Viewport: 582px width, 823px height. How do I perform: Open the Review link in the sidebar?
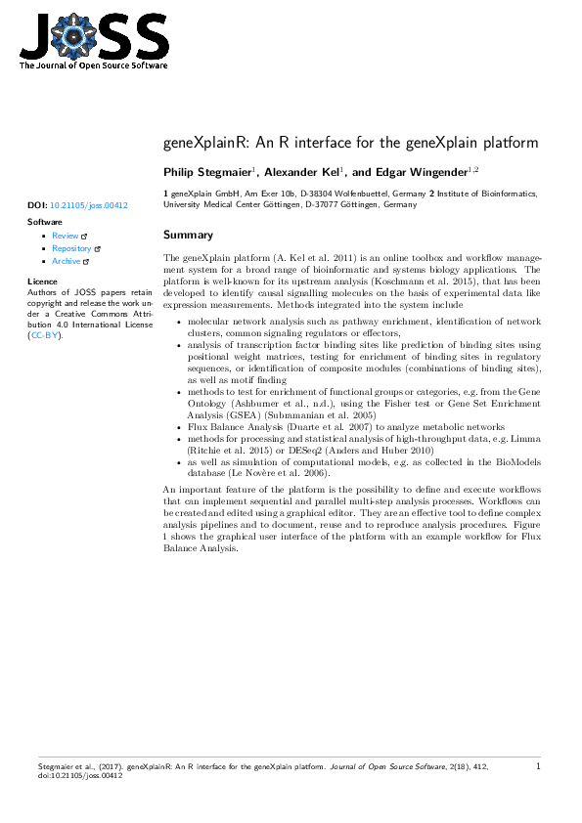pos(66,237)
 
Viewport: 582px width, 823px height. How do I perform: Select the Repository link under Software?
pos(71,249)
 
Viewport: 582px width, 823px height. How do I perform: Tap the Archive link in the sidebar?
pos(67,262)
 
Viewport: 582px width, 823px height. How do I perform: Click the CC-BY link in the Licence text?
pos(45,335)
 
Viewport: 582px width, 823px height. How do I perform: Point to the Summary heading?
pos(188,236)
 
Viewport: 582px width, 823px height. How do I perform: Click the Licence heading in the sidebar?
pos(44,282)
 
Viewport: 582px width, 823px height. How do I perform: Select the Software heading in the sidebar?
pos(45,223)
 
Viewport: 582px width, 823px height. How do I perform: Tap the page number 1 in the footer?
pos(538,767)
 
